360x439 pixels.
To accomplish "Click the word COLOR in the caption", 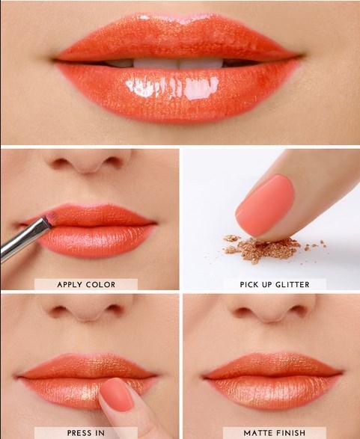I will coord(105,284).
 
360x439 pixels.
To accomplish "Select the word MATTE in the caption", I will coord(259,432).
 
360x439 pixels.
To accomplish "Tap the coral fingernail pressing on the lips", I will coord(118,394).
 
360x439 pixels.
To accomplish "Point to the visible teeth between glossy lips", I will coord(180,63).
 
